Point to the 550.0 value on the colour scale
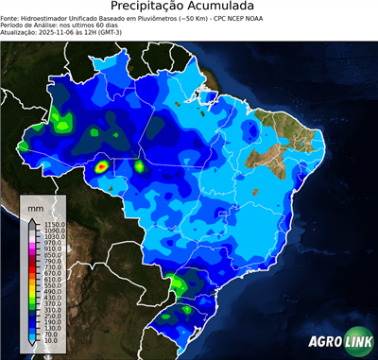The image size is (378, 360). tap(48, 285)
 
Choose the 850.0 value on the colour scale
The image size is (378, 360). tap(48, 254)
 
